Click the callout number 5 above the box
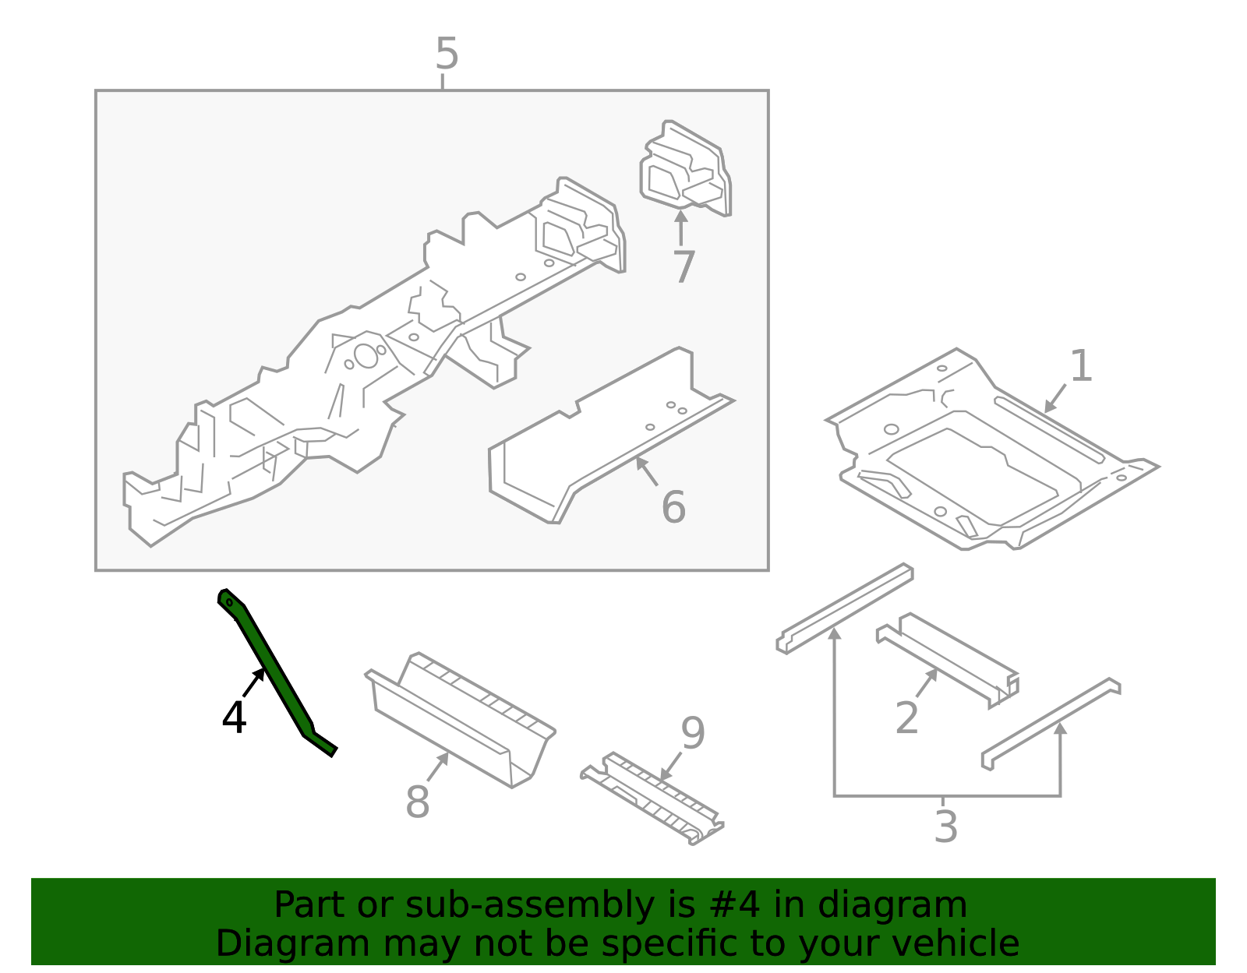(x=447, y=55)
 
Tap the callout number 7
(x=684, y=267)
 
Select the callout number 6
(x=673, y=507)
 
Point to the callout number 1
(x=1081, y=366)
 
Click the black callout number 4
(x=234, y=717)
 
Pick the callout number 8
(x=417, y=802)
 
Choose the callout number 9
(x=692, y=733)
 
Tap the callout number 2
(x=906, y=717)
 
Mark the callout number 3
(x=945, y=827)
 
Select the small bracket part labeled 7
(x=686, y=167)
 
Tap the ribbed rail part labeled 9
(x=655, y=798)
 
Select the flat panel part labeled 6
(x=608, y=436)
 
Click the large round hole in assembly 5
(x=366, y=355)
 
